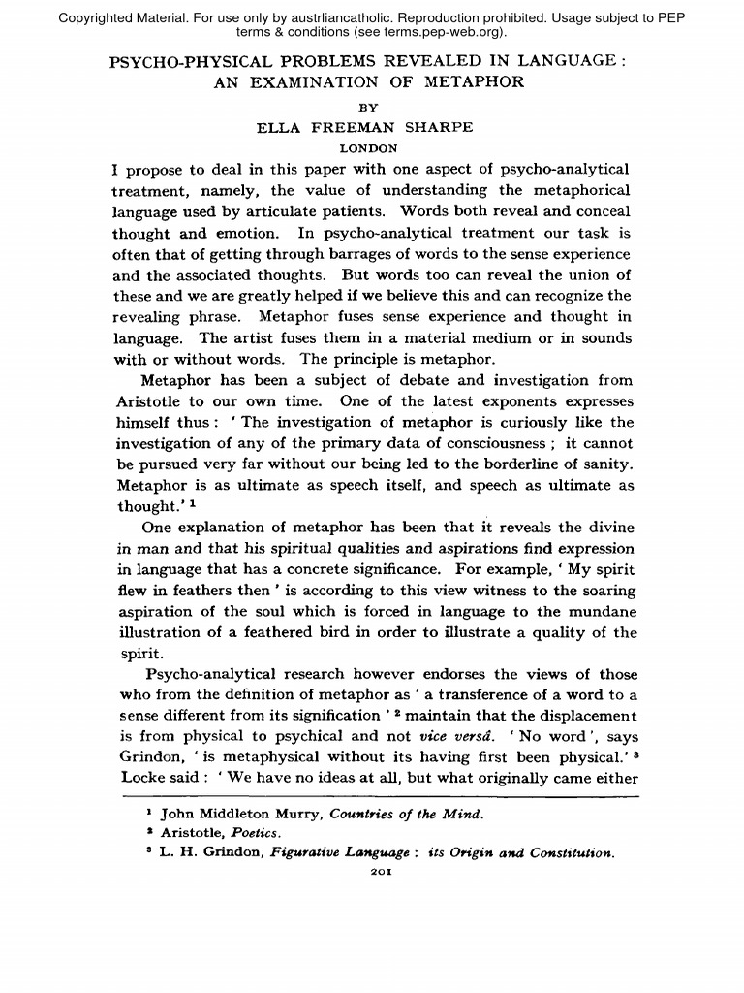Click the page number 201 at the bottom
[372, 871]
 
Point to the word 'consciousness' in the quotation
[474, 443]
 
